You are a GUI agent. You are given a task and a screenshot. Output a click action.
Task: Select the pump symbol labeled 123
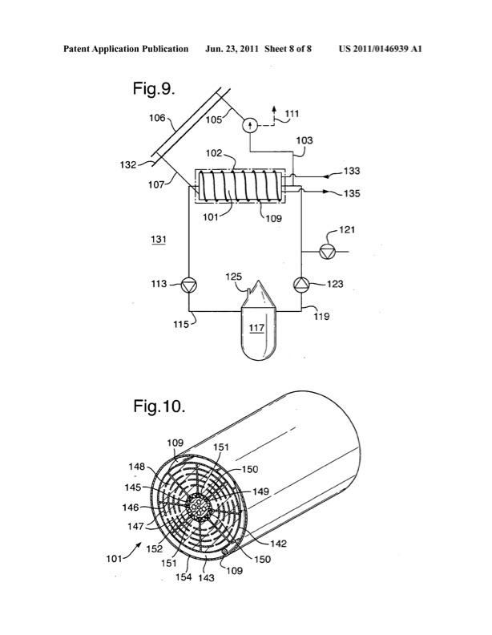[x=301, y=283]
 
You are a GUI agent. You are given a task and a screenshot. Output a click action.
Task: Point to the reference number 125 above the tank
[x=233, y=277]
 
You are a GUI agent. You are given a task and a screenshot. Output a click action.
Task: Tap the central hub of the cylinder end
[x=196, y=506]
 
